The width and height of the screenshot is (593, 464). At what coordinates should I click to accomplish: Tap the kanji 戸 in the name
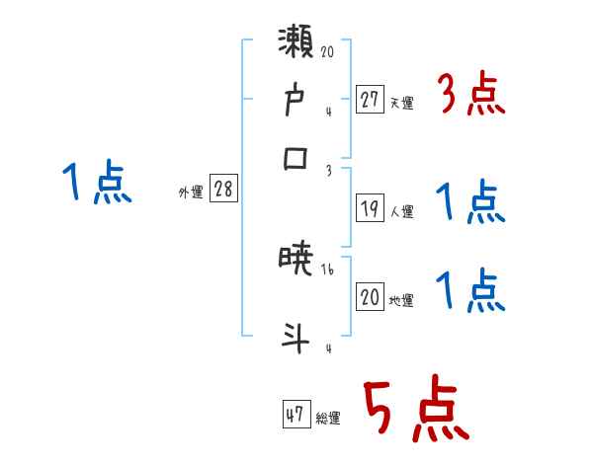pos(296,100)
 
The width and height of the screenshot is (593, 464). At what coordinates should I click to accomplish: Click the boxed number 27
pos(370,99)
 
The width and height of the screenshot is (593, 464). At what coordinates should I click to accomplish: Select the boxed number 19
pos(370,209)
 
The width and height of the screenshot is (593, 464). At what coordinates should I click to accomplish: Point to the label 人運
pos(402,212)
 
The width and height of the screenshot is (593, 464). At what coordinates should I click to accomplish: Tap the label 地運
pos(402,301)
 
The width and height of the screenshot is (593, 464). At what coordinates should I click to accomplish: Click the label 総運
pos(328,419)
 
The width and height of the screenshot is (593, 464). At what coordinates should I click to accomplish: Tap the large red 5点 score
pos(414,411)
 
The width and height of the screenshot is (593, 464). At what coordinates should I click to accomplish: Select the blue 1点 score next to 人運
pos(469,204)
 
